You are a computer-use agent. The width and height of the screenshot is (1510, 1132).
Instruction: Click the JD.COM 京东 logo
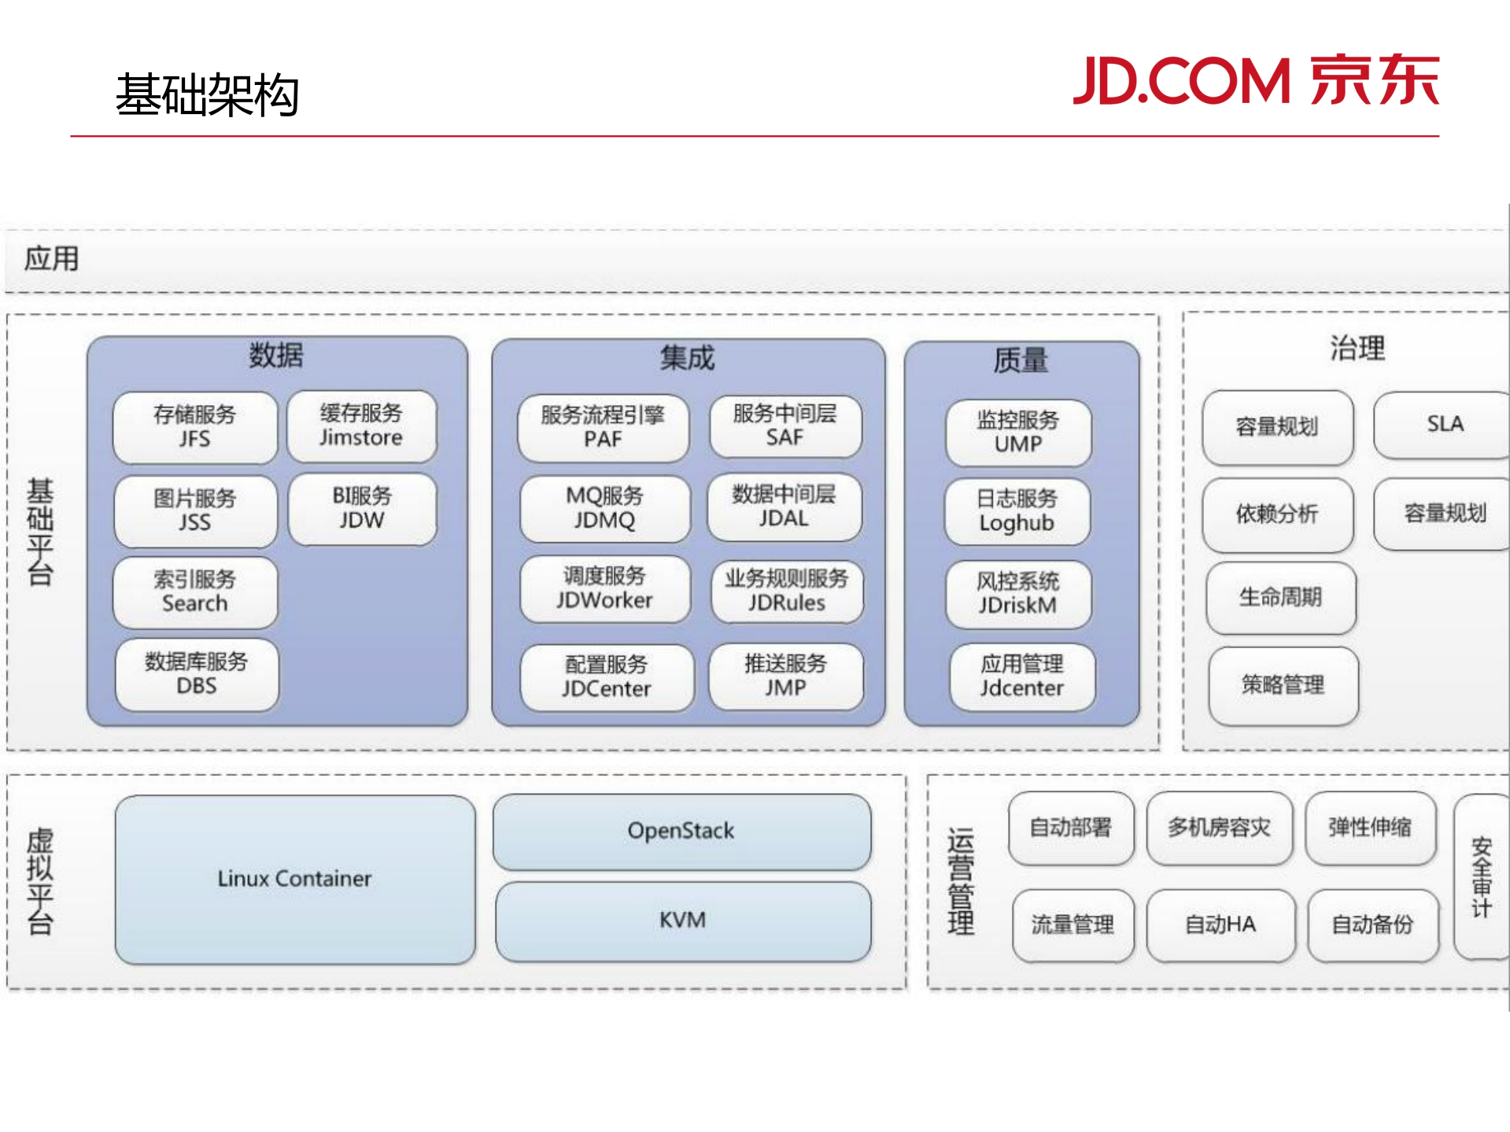click(x=1256, y=80)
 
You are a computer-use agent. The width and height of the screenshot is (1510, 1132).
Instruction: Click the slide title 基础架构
click(x=207, y=95)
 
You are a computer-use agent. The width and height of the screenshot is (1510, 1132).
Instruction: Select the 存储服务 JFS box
click(x=195, y=427)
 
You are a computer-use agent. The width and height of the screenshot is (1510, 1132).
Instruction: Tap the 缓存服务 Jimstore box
click(x=361, y=426)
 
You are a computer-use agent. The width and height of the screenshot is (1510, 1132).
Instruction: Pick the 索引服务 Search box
click(x=195, y=592)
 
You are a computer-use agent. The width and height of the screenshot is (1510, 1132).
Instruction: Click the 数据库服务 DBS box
click(x=197, y=675)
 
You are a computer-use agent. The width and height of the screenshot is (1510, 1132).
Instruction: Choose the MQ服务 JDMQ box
click(x=604, y=508)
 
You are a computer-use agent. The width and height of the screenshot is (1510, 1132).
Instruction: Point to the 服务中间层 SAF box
click(x=785, y=426)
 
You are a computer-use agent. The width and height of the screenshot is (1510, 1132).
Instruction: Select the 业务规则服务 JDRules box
click(x=786, y=591)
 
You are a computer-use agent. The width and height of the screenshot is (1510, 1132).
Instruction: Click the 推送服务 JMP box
click(x=785, y=676)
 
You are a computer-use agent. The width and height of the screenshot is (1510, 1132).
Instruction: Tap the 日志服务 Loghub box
click(x=1017, y=511)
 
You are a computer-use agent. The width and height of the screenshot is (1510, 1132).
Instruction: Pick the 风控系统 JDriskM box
click(x=1017, y=594)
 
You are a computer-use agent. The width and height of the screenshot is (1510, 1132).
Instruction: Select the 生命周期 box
click(x=1280, y=598)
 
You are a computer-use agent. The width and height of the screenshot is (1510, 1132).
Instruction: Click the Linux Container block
click(x=295, y=879)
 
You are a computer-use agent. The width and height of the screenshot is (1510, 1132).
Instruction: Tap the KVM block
click(x=682, y=920)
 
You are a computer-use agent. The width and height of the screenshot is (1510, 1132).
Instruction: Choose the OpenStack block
click(x=681, y=831)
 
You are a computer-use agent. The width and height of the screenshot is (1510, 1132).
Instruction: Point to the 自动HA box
click(x=1220, y=925)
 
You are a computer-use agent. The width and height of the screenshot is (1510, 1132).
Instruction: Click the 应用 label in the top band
click(x=51, y=259)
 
